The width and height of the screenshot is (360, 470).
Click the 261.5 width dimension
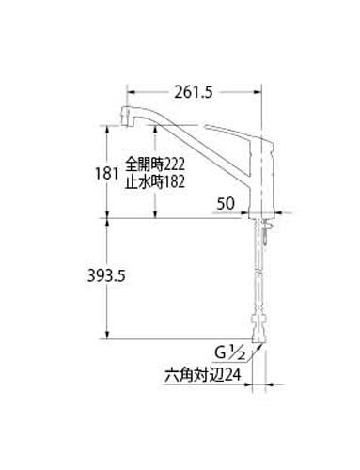pyautogui.click(x=194, y=92)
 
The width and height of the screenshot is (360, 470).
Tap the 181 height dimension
pyautogui.click(x=106, y=173)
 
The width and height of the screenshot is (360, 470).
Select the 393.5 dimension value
pyautogui.click(x=106, y=275)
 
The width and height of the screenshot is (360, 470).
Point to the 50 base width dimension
pyautogui.click(x=226, y=204)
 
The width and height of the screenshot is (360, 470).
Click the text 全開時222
pyautogui.click(x=155, y=164)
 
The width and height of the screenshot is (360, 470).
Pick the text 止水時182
pyautogui.click(x=155, y=181)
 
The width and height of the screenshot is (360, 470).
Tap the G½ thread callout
pyautogui.click(x=229, y=353)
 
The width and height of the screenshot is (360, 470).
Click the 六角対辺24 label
pyautogui.click(x=203, y=374)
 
